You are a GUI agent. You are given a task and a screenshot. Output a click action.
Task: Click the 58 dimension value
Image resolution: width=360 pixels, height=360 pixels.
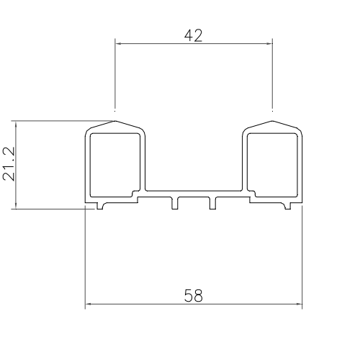[193, 295]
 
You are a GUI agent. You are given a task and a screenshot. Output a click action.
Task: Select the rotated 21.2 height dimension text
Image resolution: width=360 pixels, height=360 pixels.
[9, 165]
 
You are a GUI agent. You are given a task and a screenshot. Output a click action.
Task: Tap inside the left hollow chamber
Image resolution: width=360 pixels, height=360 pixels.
[115, 163]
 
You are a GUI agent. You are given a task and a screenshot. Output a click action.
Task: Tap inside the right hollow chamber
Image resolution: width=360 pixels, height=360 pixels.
[272, 163]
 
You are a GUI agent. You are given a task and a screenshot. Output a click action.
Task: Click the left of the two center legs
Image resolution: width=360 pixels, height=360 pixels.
[174, 203]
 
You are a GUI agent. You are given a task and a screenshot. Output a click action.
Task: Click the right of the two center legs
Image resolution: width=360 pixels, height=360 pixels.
[212, 203]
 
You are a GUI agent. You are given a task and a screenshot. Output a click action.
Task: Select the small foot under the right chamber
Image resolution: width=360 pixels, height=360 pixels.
[288, 206]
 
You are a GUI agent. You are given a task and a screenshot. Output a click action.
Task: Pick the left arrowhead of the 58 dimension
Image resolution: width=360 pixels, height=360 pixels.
[89, 305]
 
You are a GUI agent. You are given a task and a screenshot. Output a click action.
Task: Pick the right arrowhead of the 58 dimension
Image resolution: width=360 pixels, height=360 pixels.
[299, 305]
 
